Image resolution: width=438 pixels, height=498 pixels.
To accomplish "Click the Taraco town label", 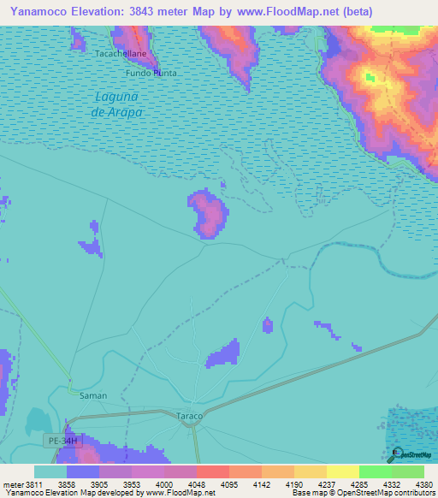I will (x=189, y=416).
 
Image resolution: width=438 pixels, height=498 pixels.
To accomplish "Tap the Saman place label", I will (x=93, y=395).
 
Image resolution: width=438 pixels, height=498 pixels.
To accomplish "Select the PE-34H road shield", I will (x=61, y=440).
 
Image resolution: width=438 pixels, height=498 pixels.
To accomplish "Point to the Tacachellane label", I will (x=121, y=53).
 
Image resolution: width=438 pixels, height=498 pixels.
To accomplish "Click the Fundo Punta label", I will (x=152, y=74).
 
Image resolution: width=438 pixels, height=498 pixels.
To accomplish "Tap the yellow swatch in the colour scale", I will (x=342, y=471).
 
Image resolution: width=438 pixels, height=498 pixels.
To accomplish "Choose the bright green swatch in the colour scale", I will (x=375, y=471).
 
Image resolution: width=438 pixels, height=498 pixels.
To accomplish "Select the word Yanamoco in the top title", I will (x=34, y=12).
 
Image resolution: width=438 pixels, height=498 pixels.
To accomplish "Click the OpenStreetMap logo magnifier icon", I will (x=396, y=454).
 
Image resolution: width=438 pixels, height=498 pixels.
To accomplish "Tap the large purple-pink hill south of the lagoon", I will (x=208, y=216).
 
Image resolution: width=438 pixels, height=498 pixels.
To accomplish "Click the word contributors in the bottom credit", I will (x=415, y=494).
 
